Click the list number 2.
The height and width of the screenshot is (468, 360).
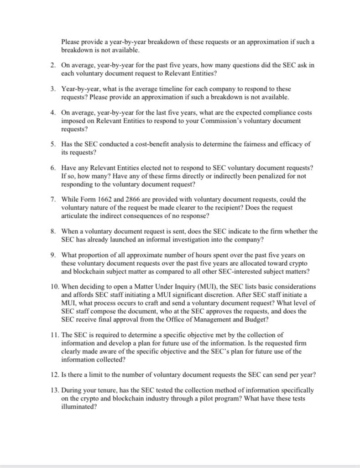coord(53,65)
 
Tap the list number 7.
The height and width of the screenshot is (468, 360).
coord(53,200)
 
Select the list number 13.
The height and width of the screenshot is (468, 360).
coord(54,390)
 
